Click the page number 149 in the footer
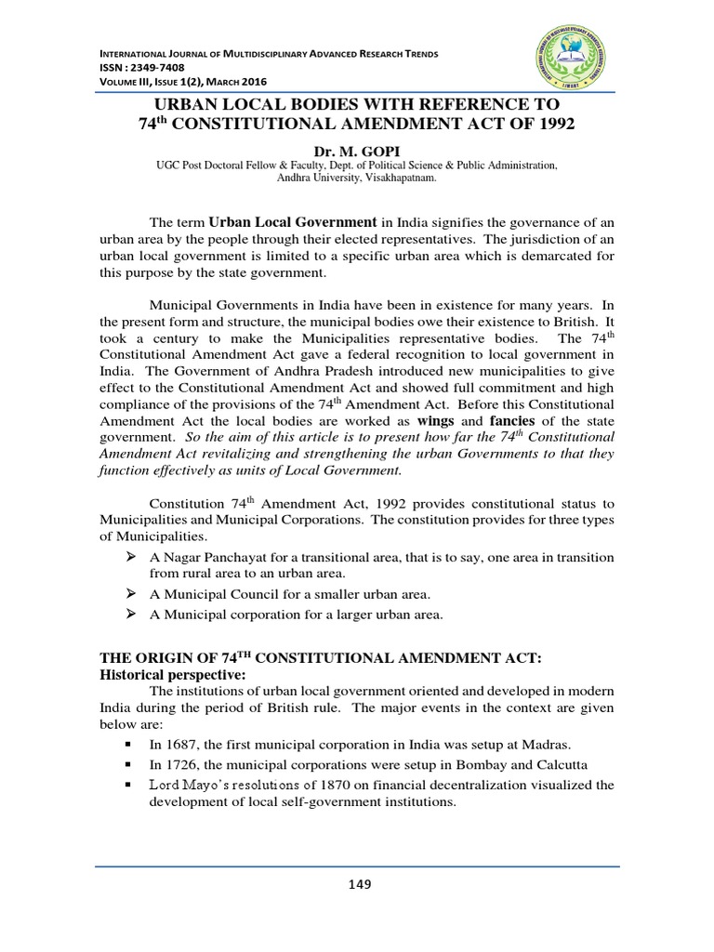click(358, 884)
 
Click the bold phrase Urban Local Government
click(292, 223)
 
